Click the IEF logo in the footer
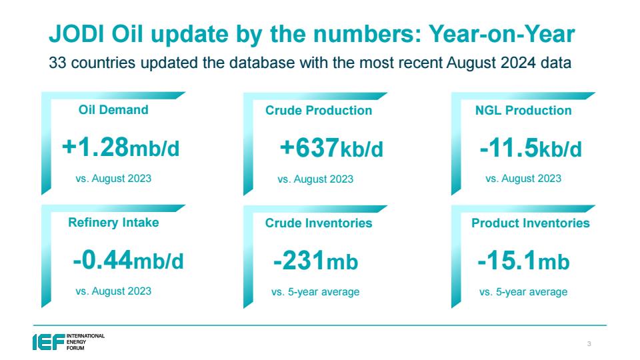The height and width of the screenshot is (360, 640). (x=69, y=342)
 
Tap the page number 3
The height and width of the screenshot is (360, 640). (x=589, y=344)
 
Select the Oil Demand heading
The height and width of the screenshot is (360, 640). (x=113, y=110)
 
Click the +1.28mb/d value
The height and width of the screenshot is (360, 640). (x=121, y=147)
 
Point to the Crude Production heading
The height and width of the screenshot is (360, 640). (x=319, y=110)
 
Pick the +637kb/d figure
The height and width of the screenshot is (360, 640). (x=331, y=148)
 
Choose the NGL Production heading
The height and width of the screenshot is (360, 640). (x=523, y=110)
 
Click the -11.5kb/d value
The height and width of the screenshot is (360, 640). (x=531, y=148)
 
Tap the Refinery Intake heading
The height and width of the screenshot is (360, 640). (x=113, y=223)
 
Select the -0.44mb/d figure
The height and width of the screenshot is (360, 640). (x=128, y=261)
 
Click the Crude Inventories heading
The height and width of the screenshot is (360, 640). (x=319, y=223)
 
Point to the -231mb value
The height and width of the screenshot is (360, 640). (x=315, y=261)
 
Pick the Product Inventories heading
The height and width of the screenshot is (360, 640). (x=531, y=223)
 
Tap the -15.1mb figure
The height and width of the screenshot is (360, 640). (x=524, y=261)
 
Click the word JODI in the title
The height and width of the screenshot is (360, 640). (x=76, y=34)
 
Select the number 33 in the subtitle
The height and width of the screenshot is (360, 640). (x=57, y=63)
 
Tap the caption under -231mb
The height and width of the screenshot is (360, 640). (x=315, y=292)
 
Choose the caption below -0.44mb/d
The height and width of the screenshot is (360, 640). (x=113, y=291)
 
